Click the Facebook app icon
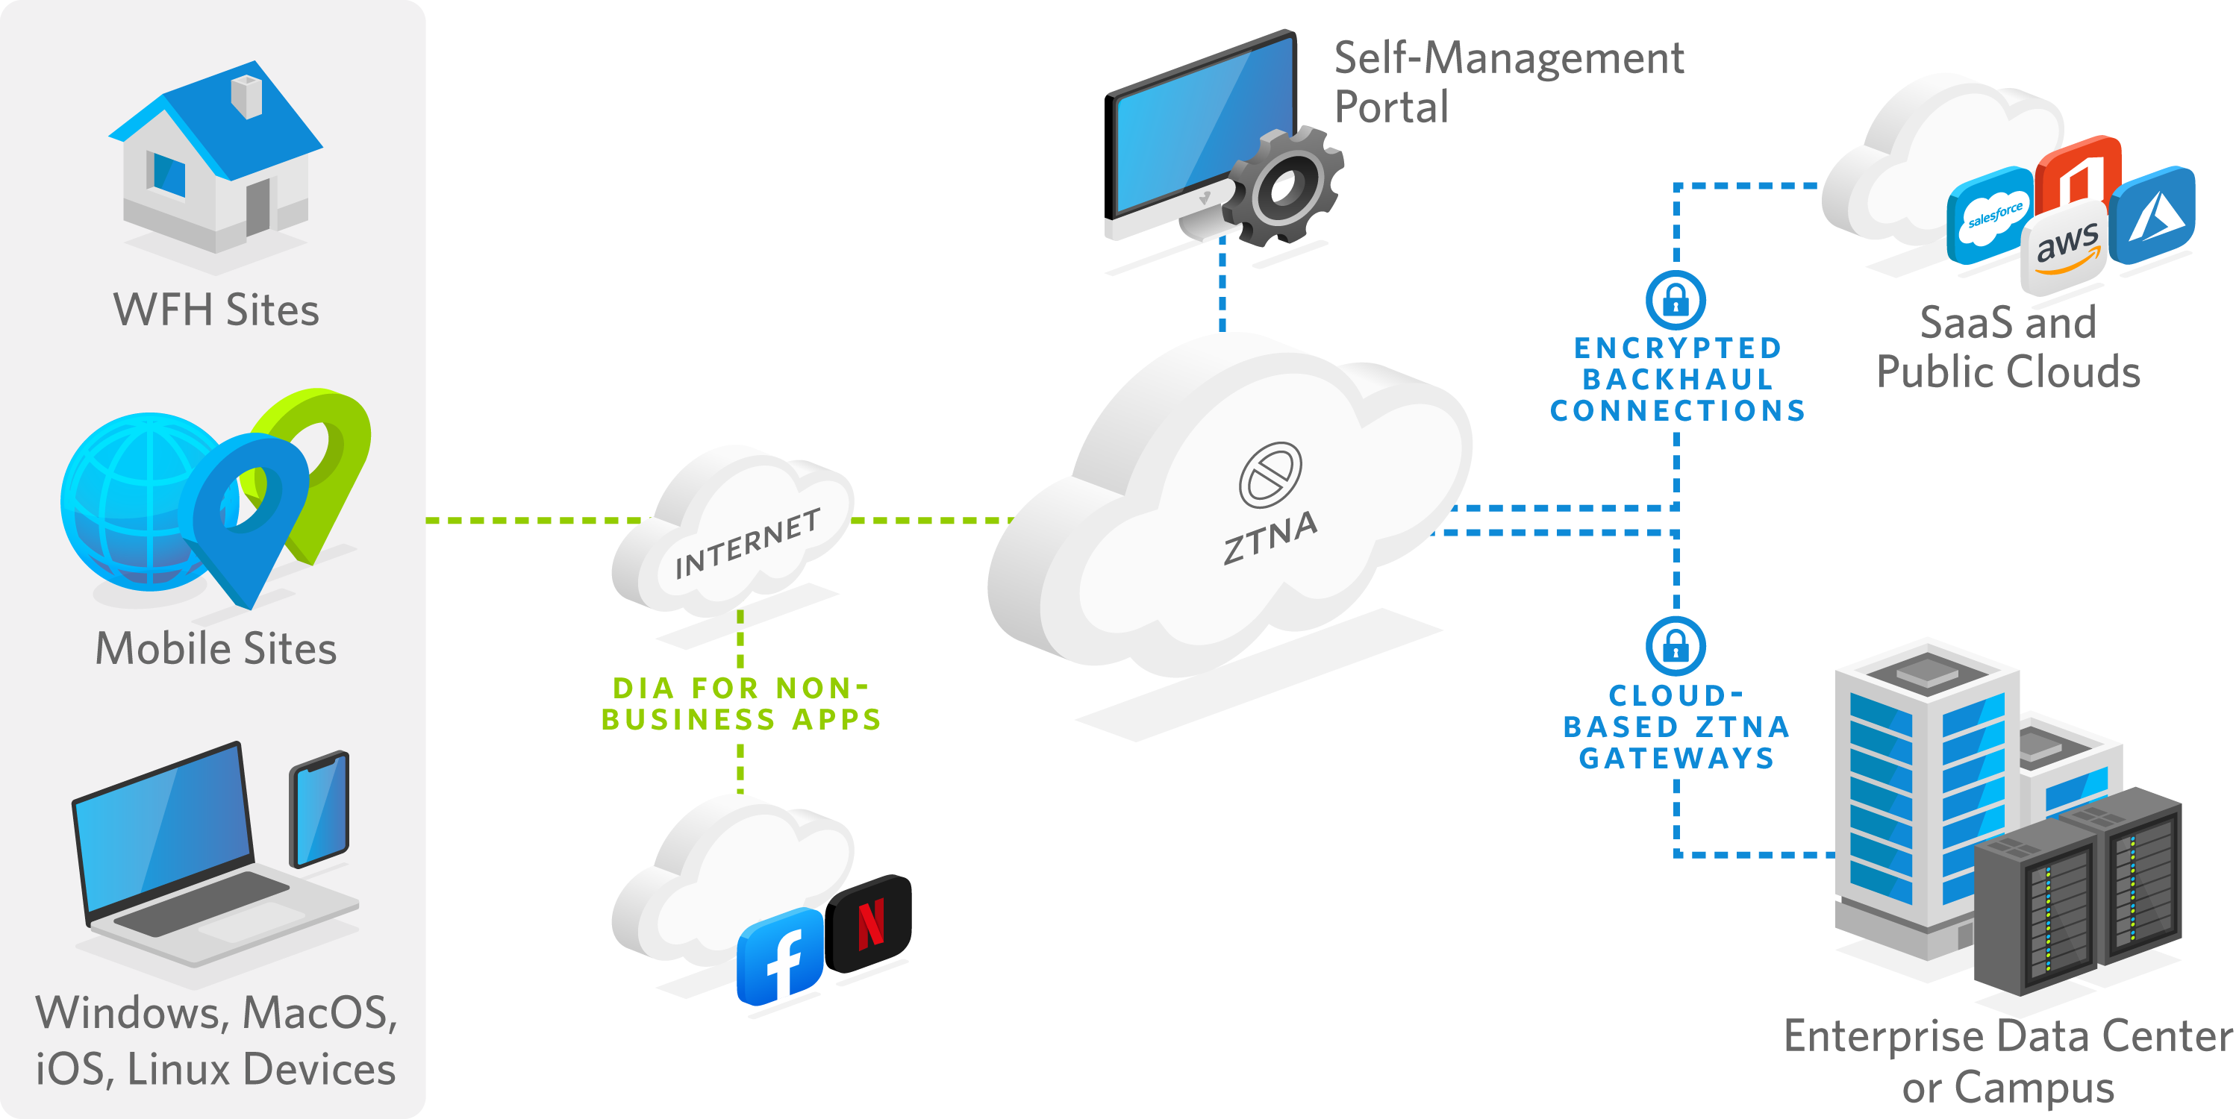pyautogui.click(x=780, y=956)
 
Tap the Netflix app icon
pyautogui.click(x=872, y=924)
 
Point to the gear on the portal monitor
pyautogui.click(x=1284, y=186)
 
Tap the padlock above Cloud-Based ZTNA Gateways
pyautogui.click(x=1675, y=646)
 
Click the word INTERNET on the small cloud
pyautogui.click(x=748, y=544)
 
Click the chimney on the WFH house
pyautogui.click(x=246, y=95)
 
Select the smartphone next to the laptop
pyautogui.click(x=319, y=809)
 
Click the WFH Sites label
pyautogui.click(x=216, y=310)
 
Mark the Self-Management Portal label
pyautogui.click(x=1508, y=83)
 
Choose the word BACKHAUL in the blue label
pyautogui.click(x=1677, y=379)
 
